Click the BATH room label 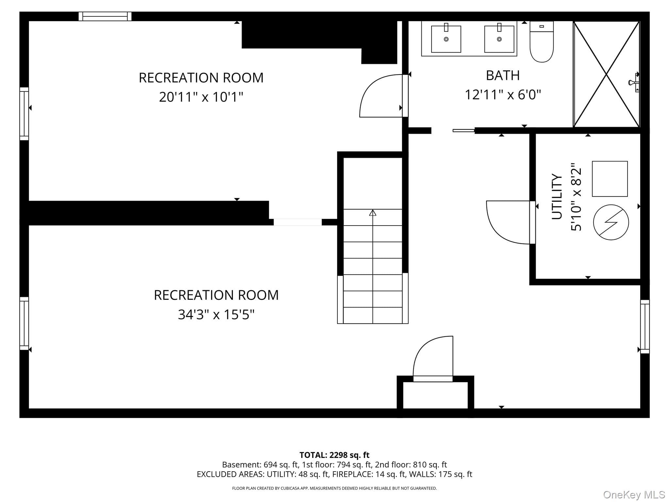tap(503, 75)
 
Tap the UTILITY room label tap(557, 196)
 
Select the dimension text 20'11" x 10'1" tap(201, 97)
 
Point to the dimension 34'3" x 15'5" tap(216, 315)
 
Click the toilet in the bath tap(542, 42)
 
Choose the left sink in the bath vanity tap(446, 39)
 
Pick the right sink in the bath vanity tap(499, 39)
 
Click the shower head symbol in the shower tap(634, 83)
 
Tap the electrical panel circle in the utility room tap(611, 222)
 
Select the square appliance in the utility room tap(610, 179)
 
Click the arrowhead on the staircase tap(372, 213)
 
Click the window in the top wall tap(105, 16)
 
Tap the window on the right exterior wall tap(645, 326)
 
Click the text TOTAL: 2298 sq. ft tap(334, 455)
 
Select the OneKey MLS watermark tap(634, 495)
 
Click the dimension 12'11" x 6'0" tap(503, 95)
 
